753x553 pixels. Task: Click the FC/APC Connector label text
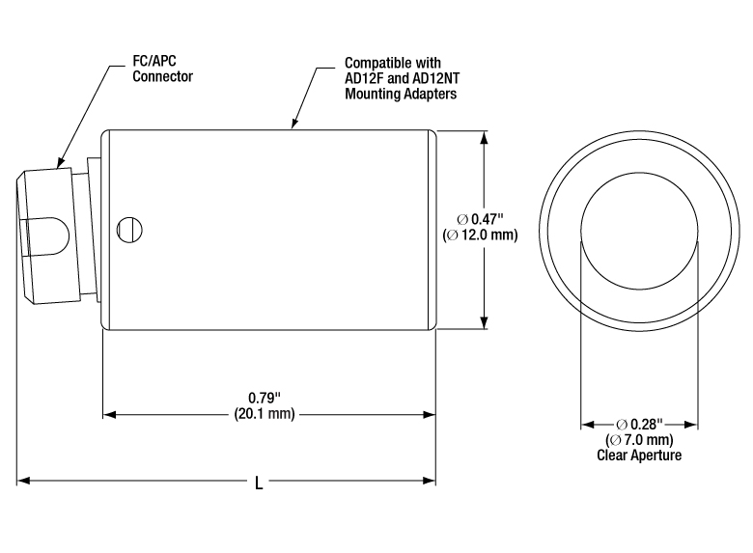click(162, 69)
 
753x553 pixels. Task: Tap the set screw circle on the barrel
click(129, 230)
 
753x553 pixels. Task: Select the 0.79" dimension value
click(265, 398)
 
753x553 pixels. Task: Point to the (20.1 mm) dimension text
click(265, 413)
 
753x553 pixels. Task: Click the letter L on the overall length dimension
click(259, 483)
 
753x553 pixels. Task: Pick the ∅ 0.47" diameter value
click(480, 219)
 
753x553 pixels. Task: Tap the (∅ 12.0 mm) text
click(480, 235)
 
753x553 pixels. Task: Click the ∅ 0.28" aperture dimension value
click(639, 425)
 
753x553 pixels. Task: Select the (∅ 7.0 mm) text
click(639, 440)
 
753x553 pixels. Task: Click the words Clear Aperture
click(639, 456)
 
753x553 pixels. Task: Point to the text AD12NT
click(436, 78)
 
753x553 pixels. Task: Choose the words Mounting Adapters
click(401, 94)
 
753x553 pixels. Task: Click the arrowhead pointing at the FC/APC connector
click(61, 162)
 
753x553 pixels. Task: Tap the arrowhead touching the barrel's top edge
click(293, 124)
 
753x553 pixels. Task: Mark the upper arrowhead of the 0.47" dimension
click(484, 137)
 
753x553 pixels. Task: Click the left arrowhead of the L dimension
click(23, 480)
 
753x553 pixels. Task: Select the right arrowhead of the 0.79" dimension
click(429, 414)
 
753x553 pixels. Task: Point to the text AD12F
click(365, 78)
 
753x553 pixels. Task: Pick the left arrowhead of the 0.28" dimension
click(588, 425)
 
